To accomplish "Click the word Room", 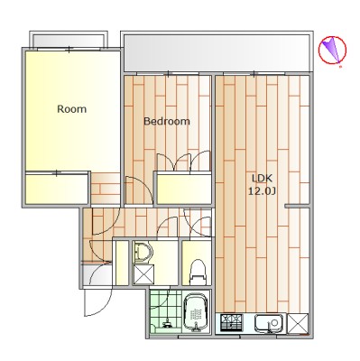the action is point(71,109).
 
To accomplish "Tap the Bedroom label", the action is point(167,121).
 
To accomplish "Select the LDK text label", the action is point(262,178).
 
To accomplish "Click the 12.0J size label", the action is point(262,191).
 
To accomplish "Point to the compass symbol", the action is point(332,51).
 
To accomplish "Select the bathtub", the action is point(197,313).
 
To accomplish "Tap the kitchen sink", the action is point(270,324).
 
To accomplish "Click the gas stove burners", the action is point(232,323).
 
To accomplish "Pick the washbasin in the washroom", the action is point(143,252).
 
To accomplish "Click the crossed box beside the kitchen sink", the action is point(298,324).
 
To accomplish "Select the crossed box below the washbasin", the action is point(143,274).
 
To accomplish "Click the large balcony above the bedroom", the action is point(217,53).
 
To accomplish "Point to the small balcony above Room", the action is point(69,41).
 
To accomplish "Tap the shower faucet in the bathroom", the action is point(167,324).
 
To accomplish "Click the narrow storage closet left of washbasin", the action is point(122,263).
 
